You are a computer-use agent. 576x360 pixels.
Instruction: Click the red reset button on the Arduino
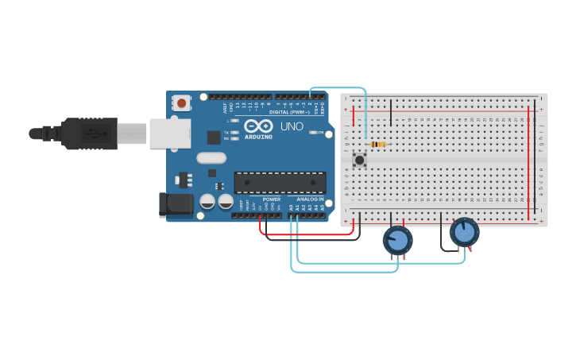(183, 103)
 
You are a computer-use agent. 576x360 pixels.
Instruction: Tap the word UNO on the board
(292, 126)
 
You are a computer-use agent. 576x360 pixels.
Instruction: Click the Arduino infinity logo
(259, 126)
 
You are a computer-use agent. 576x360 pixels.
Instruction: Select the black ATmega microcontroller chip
(280, 182)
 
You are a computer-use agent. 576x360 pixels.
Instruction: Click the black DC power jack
(176, 204)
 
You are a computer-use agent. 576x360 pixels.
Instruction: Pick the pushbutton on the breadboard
(360, 160)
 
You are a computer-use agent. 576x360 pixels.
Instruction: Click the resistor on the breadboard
(378, 144)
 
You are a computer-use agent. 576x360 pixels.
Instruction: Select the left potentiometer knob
(397, 240)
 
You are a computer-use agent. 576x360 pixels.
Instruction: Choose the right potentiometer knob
(464, 233)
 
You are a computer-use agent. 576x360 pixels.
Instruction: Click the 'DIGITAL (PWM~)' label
(289, 112)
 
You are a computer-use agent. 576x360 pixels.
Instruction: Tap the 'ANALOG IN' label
(310, 199)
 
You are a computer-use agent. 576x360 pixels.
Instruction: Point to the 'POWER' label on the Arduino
(271, 199)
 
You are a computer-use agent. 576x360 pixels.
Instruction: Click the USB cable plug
(87, 134)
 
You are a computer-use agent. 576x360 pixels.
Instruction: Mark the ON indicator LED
(312, 133)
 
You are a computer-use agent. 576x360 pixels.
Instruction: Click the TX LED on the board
(235, 132)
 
